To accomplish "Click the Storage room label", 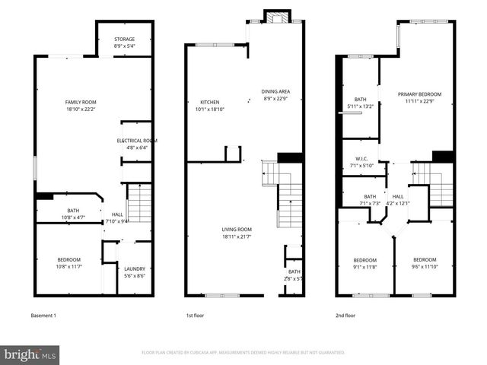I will (x=125, y=43).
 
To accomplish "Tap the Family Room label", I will (x=80, y=105).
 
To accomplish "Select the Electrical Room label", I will (x=137, y=144).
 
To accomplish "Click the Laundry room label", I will (x=135, y=272).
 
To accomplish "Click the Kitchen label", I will (x=210, y=105).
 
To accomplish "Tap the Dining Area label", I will (x=276, y=95).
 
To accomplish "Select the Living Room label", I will (x=237, y=233).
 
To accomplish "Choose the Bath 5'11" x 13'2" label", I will (x=360, y=103).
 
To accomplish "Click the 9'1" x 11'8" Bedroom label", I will (x=364, y=263).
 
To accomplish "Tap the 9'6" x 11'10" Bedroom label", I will (x=425, y=263).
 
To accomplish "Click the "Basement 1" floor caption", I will (x=43, y=316).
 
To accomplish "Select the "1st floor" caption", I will (x=196, y=316).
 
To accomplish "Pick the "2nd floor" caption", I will (x=345, y=316).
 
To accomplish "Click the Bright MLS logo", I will (x=30, y=354).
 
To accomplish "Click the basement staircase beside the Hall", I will (x=138, y=204).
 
